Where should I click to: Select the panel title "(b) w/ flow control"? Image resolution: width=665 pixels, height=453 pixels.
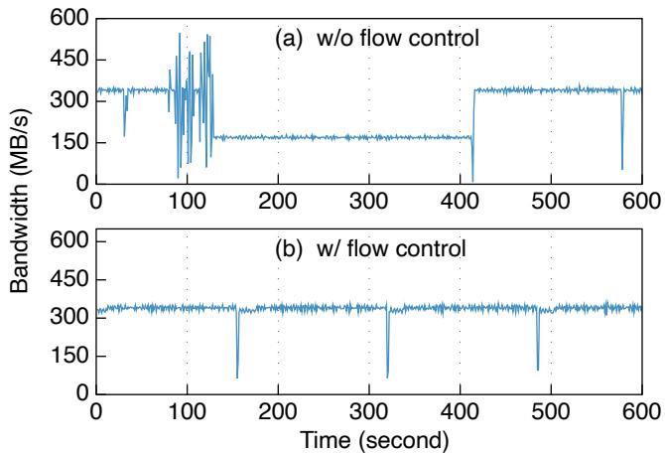369,247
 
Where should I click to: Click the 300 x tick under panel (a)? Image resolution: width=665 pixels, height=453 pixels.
369,200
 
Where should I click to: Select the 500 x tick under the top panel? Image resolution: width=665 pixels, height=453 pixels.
551,200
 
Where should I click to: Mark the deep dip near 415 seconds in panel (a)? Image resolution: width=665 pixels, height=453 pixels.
472,179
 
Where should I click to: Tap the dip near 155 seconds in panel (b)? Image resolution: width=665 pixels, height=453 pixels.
237,376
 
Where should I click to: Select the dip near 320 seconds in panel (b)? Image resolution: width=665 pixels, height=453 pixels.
387,376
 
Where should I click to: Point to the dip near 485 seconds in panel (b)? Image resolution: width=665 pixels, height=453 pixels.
538,368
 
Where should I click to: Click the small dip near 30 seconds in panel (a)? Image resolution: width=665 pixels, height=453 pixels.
123,134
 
